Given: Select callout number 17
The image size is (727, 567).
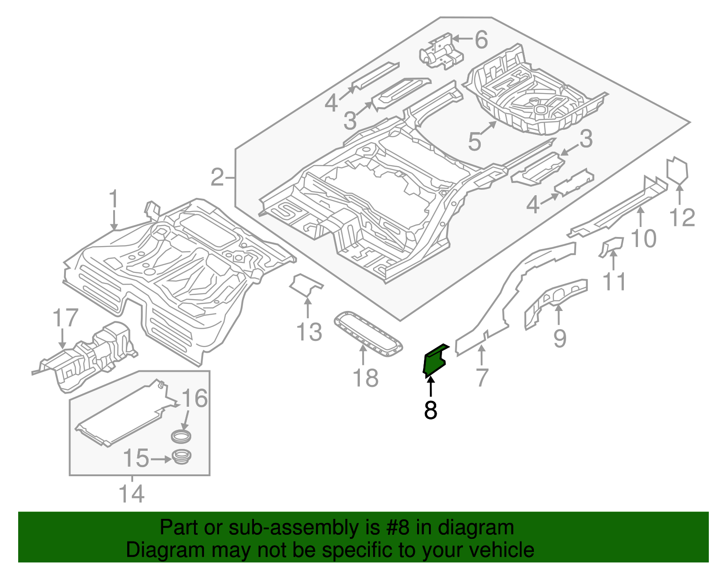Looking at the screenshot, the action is [65, 318].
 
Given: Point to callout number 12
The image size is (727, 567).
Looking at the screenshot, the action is [682, 217].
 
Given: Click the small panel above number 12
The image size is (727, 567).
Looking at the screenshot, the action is [677, 170].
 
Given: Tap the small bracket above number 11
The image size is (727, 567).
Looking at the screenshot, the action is [612, 247].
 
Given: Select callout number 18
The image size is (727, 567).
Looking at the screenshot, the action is [366, 378].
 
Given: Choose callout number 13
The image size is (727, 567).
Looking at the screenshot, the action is [309, 332].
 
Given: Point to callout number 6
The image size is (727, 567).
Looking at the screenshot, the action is [482, 39].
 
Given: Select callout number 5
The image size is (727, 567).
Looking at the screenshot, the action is [474, 141].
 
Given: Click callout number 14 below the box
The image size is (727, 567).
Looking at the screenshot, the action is [132, 493].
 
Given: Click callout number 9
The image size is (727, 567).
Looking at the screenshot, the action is [560, 338].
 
